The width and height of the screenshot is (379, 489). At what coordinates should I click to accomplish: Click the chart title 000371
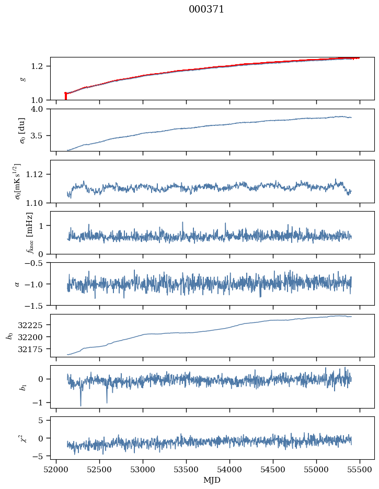click(x=206, y=9)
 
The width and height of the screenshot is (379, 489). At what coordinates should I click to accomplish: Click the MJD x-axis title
click(x=212, y=480)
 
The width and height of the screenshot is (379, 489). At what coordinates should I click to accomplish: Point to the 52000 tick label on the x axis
click(x=56, y=469)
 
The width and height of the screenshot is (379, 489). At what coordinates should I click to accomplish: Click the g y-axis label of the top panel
click(x=22, y=78)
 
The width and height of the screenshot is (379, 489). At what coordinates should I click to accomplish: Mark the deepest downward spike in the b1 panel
click(x=81, y=405)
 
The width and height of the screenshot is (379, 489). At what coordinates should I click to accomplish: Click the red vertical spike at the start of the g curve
click(x=65, y=97)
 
